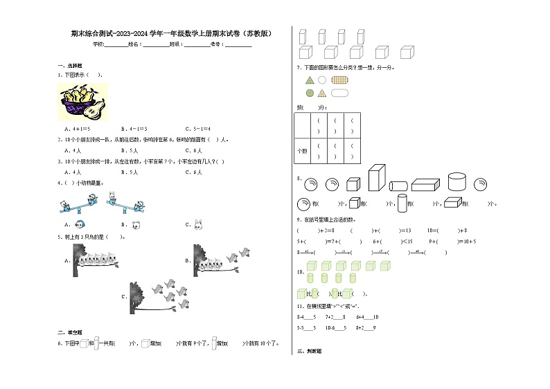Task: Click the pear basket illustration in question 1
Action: (82, 102)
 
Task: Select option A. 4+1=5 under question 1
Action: (77, 129)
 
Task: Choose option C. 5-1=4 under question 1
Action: (197, 129)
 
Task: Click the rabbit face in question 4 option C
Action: (197, 224)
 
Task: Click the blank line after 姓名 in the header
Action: (156, 44)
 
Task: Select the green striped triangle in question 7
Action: (309, 80)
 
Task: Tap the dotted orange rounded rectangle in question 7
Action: (339, 80)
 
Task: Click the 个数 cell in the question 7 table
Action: (301, 150)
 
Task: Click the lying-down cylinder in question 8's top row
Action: (398, 186)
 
